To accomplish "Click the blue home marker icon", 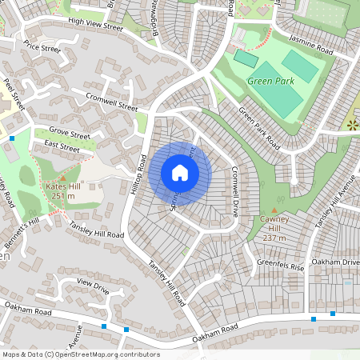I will pos(180,172).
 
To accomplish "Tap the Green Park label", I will pos(270,81).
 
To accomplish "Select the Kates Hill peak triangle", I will pos(62,177).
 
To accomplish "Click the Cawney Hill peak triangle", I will pos(274,210).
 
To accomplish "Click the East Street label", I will pos(62,146).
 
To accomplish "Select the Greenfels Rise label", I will pos(280,265).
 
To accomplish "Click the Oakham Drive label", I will pos(336,262).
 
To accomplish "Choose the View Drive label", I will pos(93,285).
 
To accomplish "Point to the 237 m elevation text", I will pos(274,238).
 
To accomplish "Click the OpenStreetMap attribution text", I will pos(81,354).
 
